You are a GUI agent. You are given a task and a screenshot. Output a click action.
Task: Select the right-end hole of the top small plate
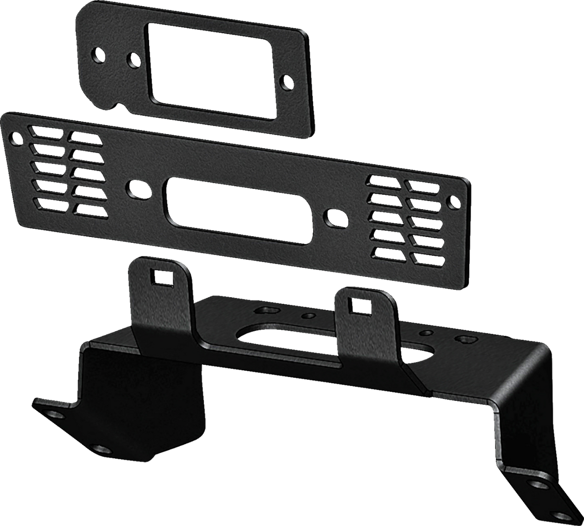click(x=288, y=81)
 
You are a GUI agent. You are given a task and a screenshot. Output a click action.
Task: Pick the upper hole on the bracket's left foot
click(x=57, y=414)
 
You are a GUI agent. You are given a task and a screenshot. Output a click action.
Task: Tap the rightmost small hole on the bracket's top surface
click(x=465, y=340)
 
